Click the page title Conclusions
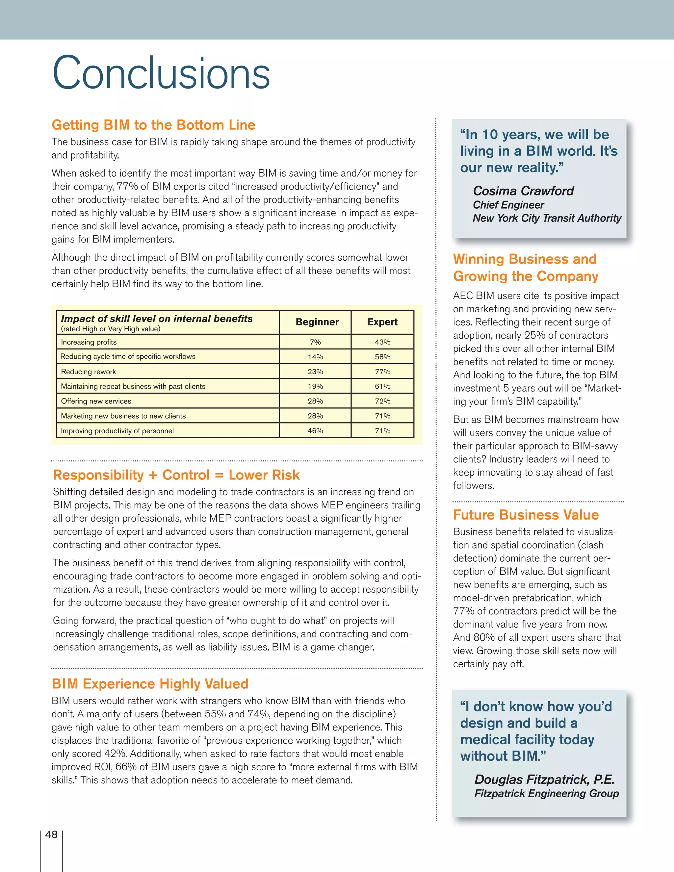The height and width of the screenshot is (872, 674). pos(161,73)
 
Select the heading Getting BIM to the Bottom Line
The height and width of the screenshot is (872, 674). pos(153,125)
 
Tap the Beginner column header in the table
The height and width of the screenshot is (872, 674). pos(317,322)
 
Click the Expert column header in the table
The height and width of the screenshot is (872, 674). pos(382,322)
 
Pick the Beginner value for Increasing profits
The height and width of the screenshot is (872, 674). pos(315,342)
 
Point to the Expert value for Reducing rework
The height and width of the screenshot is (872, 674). pos(382,372)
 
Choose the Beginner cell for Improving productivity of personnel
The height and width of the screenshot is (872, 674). pos(315,431)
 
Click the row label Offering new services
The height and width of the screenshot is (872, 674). pos(96,401)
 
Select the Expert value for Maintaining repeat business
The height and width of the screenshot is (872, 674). pos(382,387)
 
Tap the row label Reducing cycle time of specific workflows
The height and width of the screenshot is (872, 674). pos(128,357)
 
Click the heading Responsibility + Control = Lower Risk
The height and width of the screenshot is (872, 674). pos(176,475)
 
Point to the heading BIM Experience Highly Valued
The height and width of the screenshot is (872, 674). pos(150,684)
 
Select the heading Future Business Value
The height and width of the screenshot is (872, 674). pos(526,515)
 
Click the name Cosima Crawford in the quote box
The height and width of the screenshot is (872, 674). pos(523,191)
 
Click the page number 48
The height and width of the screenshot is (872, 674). pos(52,834)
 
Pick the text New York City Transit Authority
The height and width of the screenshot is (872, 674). pos(547,218)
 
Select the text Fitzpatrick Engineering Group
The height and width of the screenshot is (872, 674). pos(546,793)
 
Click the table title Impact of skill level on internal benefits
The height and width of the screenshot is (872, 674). pos(157,319)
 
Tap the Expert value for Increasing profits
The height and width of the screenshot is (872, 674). pos(382,342)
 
